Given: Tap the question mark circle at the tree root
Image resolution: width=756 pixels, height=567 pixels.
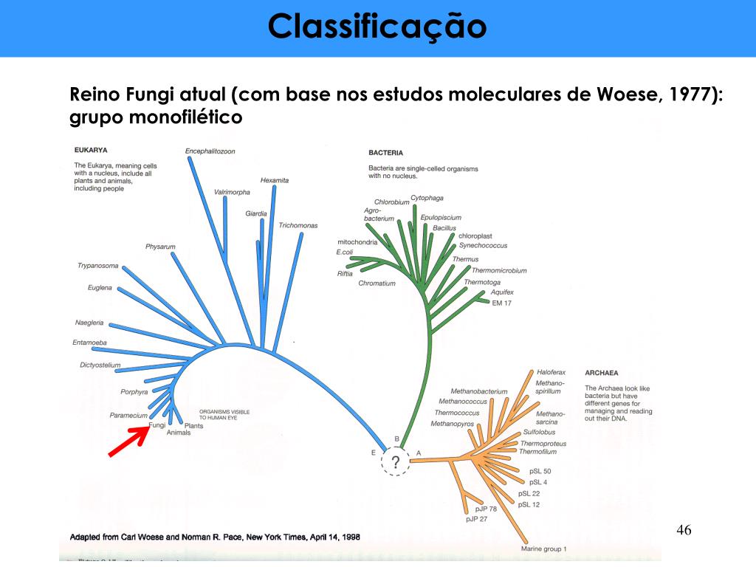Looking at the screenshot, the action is tap(396, 463).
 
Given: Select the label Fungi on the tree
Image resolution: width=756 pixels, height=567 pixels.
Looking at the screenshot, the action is tap(157, 425).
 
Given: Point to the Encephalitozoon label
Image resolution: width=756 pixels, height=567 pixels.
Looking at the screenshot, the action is tap(210, 151).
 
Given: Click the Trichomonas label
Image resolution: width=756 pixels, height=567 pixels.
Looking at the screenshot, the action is tap(298, 225).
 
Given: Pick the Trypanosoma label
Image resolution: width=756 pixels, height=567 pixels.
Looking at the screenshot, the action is tap(97, 266).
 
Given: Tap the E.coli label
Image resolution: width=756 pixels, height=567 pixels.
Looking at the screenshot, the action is tap(345, 252).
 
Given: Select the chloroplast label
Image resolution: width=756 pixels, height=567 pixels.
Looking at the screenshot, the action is tap(475, 236).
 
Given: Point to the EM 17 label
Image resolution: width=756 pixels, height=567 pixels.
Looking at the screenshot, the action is tap(501, 303).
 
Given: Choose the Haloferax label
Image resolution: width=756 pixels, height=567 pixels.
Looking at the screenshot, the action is tap(551, 373).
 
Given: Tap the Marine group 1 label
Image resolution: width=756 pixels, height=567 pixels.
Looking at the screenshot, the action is tap(543, 549).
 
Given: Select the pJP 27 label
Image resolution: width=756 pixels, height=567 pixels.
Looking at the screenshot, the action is tap(477, 519).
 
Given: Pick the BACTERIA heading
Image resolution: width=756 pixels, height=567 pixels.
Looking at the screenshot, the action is tap(385, 154).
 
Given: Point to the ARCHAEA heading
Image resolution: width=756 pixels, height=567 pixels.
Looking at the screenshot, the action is tap(601, 373).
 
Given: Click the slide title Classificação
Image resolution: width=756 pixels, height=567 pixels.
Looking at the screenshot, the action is tap(377, 27).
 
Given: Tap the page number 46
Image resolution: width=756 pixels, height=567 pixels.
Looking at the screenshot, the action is tap(684, 530).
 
